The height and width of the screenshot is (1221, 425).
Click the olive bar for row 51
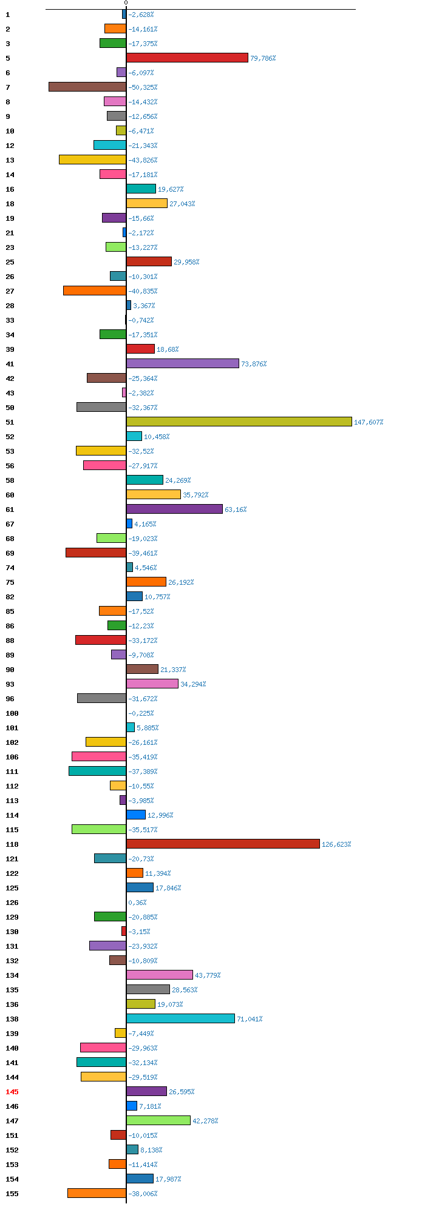pyautogui.click(x=239, y=422)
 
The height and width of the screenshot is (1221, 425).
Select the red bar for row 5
pyautogui.click(x=188, y=58)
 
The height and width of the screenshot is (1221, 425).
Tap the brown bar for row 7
pyautogui.click(x=87, y=87)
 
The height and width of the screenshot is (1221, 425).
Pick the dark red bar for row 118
pyautogui.click(x=223, y=844)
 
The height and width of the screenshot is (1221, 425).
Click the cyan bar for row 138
pyautogui.click(x=180, y=1018)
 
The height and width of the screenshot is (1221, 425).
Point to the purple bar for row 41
pyautogui.click(x=183, y=363)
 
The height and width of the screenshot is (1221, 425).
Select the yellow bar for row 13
pyautogui.click(x=92, y=160)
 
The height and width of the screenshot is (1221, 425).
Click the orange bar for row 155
pyautogui.click(x=97, y=1193)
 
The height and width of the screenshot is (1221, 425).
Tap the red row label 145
pyautogui.click(x=12, y=1092)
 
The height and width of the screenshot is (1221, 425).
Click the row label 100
pyautogui.click(x=12, y=713)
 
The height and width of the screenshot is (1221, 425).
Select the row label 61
pyautogui.click(x=10, y=510)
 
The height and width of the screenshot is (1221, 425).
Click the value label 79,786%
pyautogui.click(x=263, y=58)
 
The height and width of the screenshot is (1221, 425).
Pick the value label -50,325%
pyautogui.click(x=143, y=87)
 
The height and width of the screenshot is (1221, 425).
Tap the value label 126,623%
pyautogui.click(x=336, y=844)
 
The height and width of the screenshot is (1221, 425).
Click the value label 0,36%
pyautogui.click(x=137, y=903)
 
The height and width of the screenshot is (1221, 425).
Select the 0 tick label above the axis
pyautogui.click(x=126, y=3)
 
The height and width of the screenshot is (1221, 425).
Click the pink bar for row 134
pyautogui.click(x=160, y=975)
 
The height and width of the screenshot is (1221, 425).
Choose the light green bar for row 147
pyautogui.click(x=158, y=1120)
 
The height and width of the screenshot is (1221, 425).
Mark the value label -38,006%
pyautogui.click(x=143, y=1194)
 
